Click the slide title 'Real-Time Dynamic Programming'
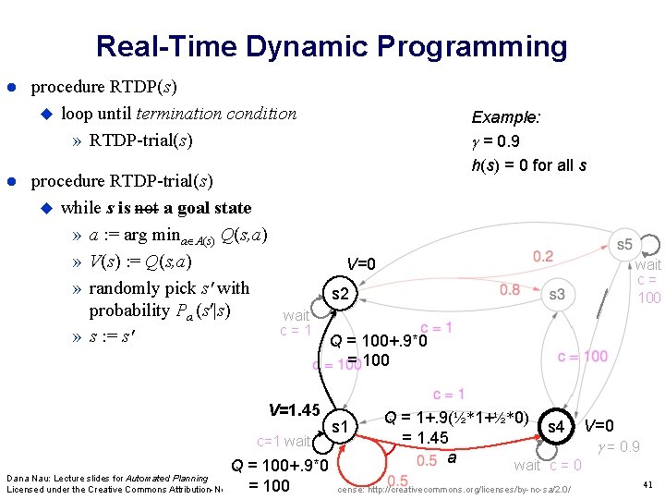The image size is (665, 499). coord(332,45)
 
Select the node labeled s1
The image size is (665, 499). coord(340,427)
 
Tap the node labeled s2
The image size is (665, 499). coord(340,295)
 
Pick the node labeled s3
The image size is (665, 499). coord(556,295)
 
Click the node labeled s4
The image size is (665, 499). coord(556,427)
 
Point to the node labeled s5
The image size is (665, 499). coord(624,244)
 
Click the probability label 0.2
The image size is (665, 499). coord(544,256)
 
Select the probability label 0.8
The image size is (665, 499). coord(510,290)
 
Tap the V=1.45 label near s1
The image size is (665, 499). coord(294,409)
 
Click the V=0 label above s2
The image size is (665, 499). coord(361,264)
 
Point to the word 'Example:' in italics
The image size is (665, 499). coord(506,117)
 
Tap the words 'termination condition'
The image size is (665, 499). coord(216,114)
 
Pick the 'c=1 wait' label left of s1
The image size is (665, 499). coord(284,442)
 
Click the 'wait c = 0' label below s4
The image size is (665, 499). coord(548,465)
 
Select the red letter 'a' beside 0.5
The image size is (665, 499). coord(452,457)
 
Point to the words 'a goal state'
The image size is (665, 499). coord(200,208)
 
